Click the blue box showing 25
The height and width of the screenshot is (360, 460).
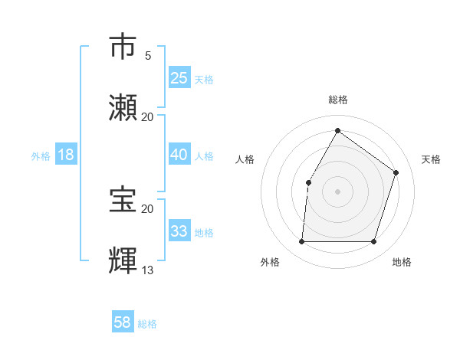pos(179,78)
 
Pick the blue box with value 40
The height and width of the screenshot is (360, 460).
pos(179,155)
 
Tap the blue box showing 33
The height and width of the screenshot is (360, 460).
pos(179,231)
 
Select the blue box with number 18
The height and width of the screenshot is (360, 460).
pos(66,155)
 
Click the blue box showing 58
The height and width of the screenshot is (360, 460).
pos(123,322)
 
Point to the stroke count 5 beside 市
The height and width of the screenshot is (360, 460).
pos(148,56)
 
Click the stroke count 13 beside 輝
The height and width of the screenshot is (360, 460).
pos(148,270)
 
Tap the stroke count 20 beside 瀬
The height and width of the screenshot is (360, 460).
pos(148,116)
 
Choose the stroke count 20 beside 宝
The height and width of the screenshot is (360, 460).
pos(148,208)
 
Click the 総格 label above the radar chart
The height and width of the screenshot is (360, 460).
pos(337,100)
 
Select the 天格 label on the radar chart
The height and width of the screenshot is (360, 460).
pos(431,159)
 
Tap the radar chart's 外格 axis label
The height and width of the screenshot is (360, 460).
pos(270,262)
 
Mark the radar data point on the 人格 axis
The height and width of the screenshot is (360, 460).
pos(308,182)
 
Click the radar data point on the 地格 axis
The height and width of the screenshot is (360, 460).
pos(373,242)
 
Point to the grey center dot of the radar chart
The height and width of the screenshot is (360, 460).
pos(337,191)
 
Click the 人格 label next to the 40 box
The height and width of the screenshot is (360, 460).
pos(204,155)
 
